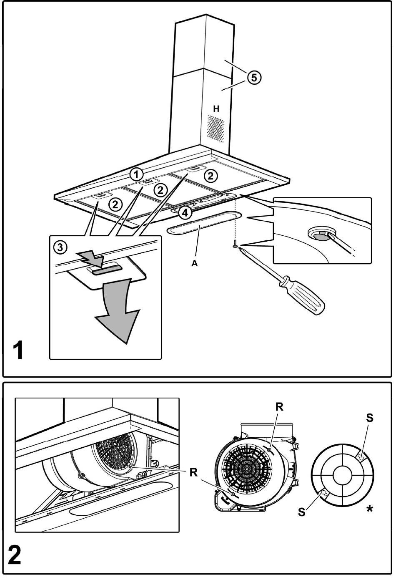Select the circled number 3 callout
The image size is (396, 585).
tap(61, 247)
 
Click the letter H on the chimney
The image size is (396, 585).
tap(216, 109)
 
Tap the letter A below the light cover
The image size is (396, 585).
tap(194, 263)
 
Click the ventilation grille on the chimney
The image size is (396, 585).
tap(216, 128)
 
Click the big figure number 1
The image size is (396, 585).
tap(18, 351)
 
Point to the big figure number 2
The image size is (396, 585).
tap(15, 556)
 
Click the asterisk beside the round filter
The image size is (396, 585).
tap(369, 509)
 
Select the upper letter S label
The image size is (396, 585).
tap(369, 418)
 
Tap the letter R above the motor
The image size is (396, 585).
tap(279, 408)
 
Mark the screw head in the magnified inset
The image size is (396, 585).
tap(321, 236)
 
